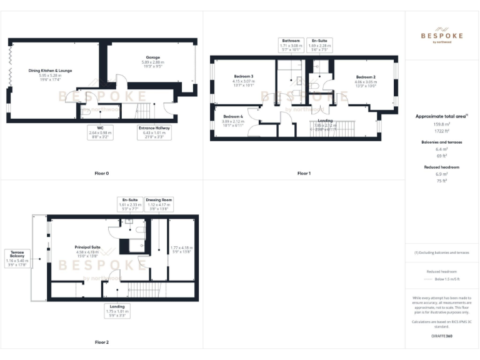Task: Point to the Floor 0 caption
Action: (x=101, y=173)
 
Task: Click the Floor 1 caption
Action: (x=304, y=173)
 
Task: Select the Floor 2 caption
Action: (x=101, y=342)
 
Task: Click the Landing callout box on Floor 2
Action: (x=117, y=310)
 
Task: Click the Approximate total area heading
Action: (x=441, y=116)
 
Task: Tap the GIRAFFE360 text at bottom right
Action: (x=441, y=336)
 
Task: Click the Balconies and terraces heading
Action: (x=441, y=142)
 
